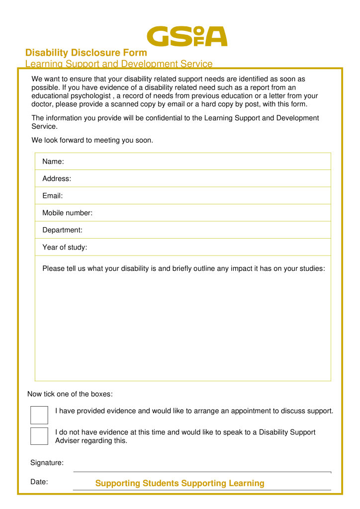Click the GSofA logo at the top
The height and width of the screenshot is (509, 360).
(x=187, y=36)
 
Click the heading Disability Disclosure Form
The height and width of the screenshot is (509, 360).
(x=86, y=53)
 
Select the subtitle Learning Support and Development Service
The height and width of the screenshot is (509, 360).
(x=119, y=64)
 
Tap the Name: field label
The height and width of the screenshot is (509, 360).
(x=53, y=162)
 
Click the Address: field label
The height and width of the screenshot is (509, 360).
(x=57, y=178)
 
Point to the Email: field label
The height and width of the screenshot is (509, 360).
(x=52, y=196)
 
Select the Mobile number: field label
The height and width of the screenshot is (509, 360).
(x=67, y=213)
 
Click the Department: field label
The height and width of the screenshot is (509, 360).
(x=62, y=230)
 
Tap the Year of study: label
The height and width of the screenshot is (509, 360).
(x=65, y=247)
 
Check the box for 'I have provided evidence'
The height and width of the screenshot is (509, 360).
(x=39, y=415)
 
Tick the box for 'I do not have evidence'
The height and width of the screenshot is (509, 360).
(x=39, y=436)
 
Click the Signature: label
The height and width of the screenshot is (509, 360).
(x=47, y=463)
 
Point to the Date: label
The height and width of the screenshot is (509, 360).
(x=39, y=481)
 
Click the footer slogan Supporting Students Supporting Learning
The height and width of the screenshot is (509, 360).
(x=180, y=483)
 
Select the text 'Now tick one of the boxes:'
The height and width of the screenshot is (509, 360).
(x=70, y=394)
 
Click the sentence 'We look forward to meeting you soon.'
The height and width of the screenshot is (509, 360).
(x=92, y=140)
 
